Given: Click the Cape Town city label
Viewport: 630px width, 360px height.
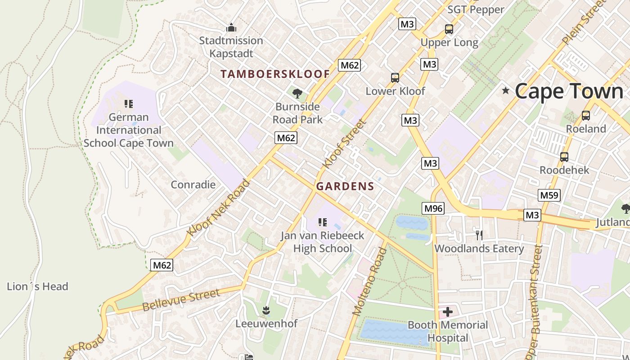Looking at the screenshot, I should click(569, 91).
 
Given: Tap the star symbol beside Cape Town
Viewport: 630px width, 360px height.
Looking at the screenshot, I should click(506, 91).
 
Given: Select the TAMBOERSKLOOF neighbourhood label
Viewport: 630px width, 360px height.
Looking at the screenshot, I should click(275, 74).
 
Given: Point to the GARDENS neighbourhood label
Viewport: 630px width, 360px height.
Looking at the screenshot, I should click(345, 186).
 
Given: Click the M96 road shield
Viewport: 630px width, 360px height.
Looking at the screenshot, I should click(433, 208).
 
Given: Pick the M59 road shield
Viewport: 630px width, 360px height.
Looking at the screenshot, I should click(549, 195).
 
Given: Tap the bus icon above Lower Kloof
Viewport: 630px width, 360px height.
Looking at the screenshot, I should click(395, 78).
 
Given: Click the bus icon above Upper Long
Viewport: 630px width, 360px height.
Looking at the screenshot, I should click(449, 29).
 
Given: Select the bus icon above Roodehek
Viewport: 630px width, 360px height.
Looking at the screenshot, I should click(564, 157).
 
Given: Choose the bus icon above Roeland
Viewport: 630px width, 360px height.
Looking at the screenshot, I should click(586, 116).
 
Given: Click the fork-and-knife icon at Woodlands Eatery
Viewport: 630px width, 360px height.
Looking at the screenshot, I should click(479, 235).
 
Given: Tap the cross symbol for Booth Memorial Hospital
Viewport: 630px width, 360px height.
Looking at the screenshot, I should click(448, 311).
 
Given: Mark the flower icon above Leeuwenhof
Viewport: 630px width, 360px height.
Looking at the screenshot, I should click(266, 310).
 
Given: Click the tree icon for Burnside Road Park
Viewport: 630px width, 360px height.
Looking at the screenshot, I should click(297, 94).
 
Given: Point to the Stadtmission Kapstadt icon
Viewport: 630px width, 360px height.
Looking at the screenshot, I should click(231, 27).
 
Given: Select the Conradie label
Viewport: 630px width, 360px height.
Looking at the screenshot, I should click(193, 184).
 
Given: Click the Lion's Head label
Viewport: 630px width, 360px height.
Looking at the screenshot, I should click(37, 287).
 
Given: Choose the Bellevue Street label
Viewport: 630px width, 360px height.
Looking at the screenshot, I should click(181, 300).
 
